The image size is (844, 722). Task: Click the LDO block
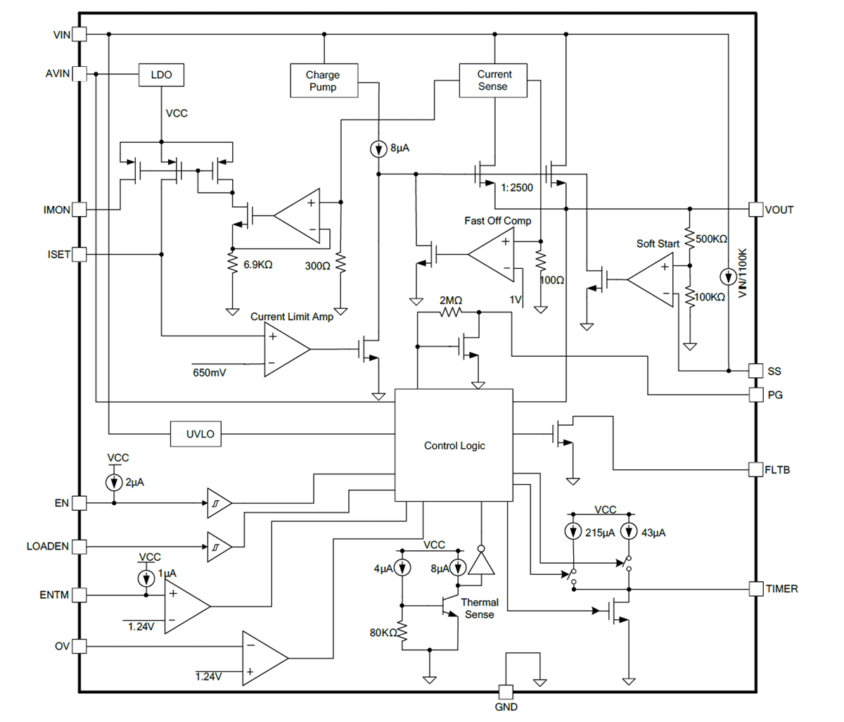tap(162, 75)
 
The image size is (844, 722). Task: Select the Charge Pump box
tap(324, 81)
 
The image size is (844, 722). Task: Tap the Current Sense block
tap(493, 80)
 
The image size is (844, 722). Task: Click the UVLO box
tap(200, 434)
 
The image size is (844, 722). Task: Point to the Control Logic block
tap(454, 445)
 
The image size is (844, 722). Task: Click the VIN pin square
tap(79, 34)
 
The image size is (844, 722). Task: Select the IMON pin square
tap(79, 210)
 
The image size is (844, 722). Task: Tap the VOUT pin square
tap(755, 209)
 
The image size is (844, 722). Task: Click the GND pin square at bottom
tap(506, 692)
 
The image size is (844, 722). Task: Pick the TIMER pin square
tap(755, 588)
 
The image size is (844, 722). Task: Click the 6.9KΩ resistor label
tap(257, 265)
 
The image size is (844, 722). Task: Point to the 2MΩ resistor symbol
tap(451, 312)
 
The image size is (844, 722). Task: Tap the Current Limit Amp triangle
tap(285, 350)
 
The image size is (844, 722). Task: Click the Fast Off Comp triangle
tap(492, 254)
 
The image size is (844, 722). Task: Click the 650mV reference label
tap(210, 372)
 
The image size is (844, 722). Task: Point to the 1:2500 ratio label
tap(517, 188)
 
